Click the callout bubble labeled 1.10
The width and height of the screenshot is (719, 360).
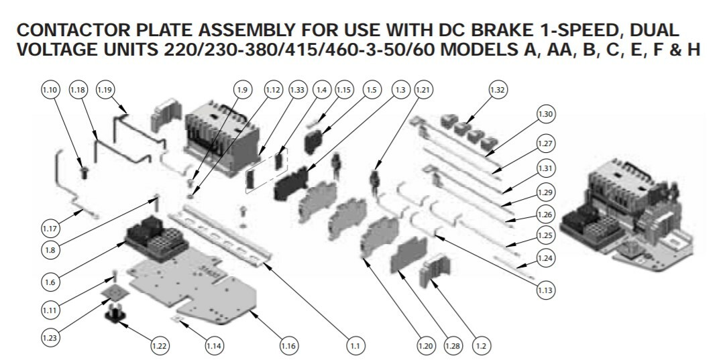click(x=50, y=90)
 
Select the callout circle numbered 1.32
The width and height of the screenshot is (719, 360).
click(x=498, y=90)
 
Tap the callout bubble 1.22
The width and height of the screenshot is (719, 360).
click(x=159, y=345)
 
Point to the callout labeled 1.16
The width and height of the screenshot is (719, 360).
click(x=288, y=345)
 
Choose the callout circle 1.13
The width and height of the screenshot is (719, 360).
click(x=545, y=290)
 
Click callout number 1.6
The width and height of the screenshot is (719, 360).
click(x=50, y=282)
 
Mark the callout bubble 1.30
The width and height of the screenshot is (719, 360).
click(x=545, y=114)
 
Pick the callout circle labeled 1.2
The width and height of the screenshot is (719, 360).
click(x=481, y=345)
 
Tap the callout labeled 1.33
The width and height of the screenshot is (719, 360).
click(x=297, y=90)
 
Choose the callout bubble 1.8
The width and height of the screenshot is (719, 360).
click(x=50, y=250)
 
